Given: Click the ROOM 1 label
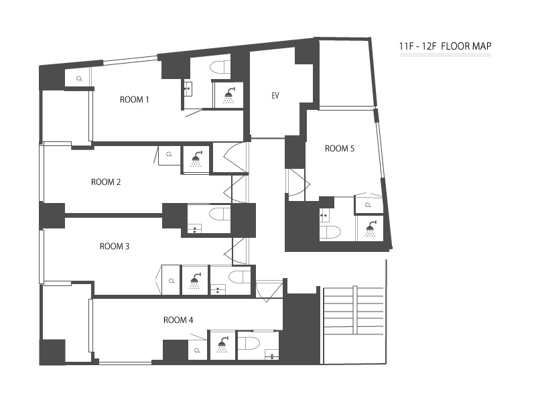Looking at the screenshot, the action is coord(135,100).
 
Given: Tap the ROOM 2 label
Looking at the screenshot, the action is coord(106,182).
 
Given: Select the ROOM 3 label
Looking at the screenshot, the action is coord(115,246).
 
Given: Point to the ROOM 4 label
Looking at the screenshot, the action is coord(178,320).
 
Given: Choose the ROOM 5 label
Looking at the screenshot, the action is coord(340,148).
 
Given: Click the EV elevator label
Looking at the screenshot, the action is coord(275,96).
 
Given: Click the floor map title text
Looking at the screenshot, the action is coord(446,46).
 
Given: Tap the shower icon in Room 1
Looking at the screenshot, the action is coord(229,95).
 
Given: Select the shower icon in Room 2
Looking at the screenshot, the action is coord(196,159).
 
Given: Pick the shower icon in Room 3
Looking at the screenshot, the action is coord(195,281).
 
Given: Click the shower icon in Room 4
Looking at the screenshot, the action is coord(222,344).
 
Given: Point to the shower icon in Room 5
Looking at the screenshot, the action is coord(371,228).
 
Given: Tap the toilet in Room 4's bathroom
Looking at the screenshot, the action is coord(249,342).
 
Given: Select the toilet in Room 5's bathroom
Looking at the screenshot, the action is coord(330,232).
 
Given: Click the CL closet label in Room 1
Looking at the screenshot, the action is coord(79,78).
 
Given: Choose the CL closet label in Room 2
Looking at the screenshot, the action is coord(169,154).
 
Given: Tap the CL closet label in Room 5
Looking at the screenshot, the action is coord(368,205).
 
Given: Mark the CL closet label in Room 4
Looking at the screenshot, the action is coord(197,350).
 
